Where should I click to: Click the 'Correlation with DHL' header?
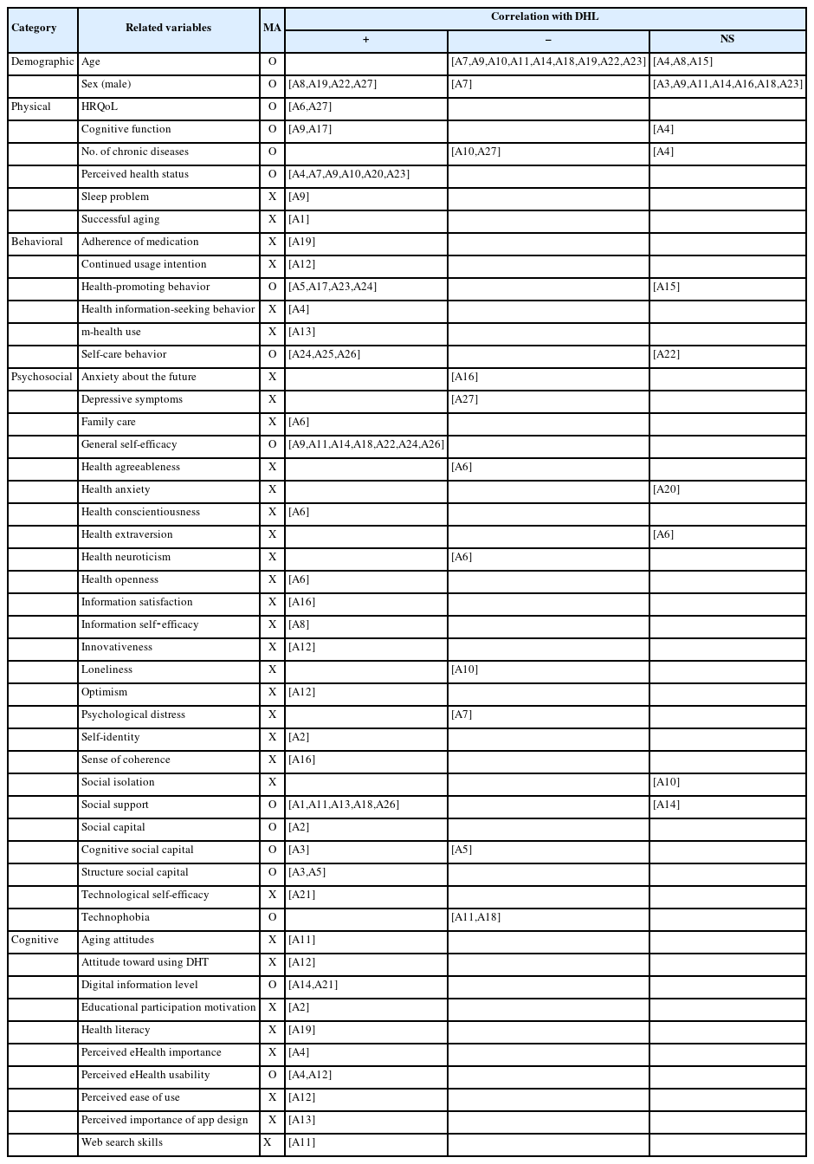click(x=545, y=17)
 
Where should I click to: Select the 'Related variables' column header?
click(x=168, y=28)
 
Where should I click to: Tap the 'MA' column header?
click(x=272, y=28)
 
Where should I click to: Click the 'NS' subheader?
click(x=727, y=40)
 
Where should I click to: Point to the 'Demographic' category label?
click(x=42, y=62)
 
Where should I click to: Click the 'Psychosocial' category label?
click(x=42, y=378)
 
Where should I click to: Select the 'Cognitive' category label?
click(x=35, y=941)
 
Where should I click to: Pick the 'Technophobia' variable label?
click(x=115, y=918)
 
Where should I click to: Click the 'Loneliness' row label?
click(x=107, y=670)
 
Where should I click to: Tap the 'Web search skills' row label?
click(x=122, y=1143)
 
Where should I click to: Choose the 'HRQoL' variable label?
click(x=100, y=107)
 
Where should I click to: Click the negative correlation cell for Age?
click(x=548, y=62)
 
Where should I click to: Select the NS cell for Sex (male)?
click(x=727, y=85)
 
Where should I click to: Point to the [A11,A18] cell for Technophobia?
click(x=475, y=918)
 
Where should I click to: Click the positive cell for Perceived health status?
click(x=349, y=175)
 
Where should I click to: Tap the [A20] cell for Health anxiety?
click(x=667, y=490)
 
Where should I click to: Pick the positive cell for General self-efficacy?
click(x=365, y=445)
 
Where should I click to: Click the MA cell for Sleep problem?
click(x=272, y=197)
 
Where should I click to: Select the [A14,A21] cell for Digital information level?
click(x=313, y=986)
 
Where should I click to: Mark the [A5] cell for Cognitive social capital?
click(x=462, y=850)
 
